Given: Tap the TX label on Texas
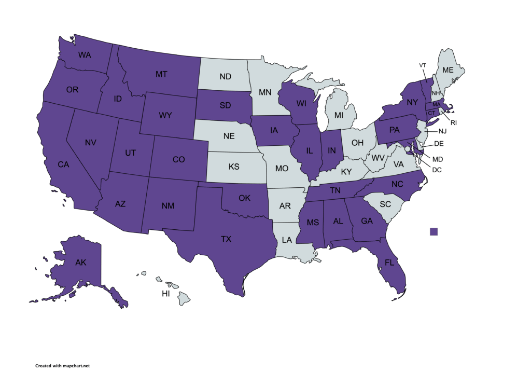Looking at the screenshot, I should tap(226, 239).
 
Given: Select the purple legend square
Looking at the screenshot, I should tap(434, 232).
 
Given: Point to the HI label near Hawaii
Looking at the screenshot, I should tap(166, 294).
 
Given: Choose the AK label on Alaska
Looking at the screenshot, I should tap(80, 263).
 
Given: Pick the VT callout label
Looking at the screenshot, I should tap(423, 65).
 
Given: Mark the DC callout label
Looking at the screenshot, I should tap(438, 169).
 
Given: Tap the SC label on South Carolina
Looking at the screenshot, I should tap(385, 204).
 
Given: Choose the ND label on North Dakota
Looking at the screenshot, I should tap(225, 77).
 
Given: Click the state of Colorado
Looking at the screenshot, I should tap(178, 160).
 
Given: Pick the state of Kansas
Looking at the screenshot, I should tap(233, 168).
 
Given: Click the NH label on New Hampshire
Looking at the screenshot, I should tap(437, 93).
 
